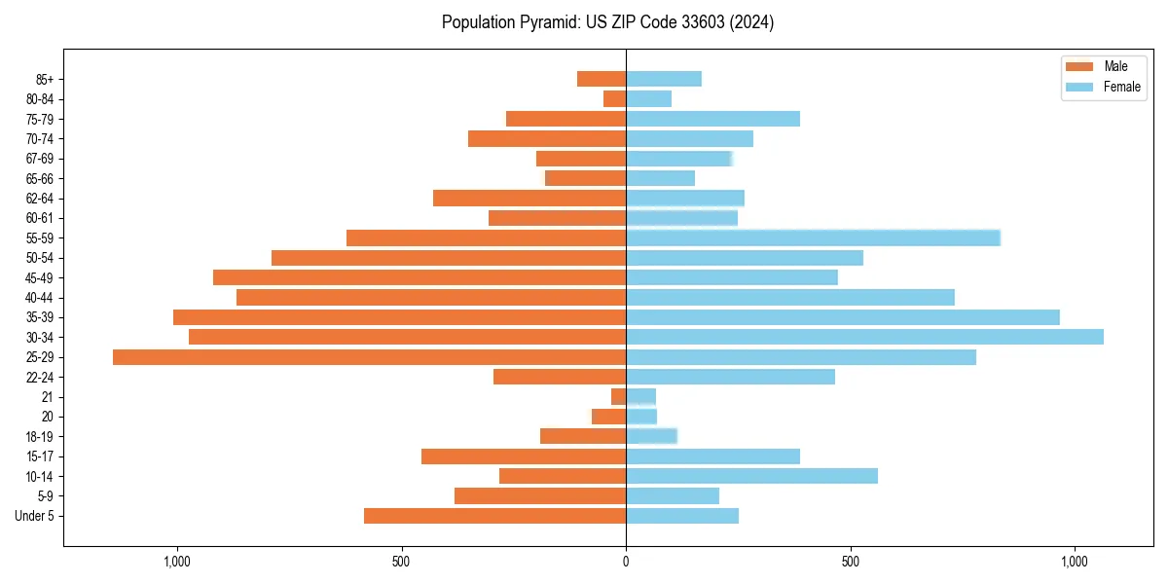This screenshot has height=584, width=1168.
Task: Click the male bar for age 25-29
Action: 370,357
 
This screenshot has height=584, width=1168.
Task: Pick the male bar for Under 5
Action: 494,516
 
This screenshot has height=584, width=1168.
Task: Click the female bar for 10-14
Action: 751,476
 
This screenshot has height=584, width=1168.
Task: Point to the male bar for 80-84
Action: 614,99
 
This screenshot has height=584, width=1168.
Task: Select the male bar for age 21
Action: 618,397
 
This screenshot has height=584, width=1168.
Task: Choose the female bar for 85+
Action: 663,79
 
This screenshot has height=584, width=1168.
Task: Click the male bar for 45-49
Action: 420,277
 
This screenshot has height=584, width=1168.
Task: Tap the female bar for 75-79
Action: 712,119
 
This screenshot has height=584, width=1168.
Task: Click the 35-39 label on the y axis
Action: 40,317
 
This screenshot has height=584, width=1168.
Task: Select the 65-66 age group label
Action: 40,178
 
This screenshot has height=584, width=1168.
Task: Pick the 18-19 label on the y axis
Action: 40,436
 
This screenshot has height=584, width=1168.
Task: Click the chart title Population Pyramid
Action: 607,22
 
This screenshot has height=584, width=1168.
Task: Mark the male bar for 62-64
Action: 529,198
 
